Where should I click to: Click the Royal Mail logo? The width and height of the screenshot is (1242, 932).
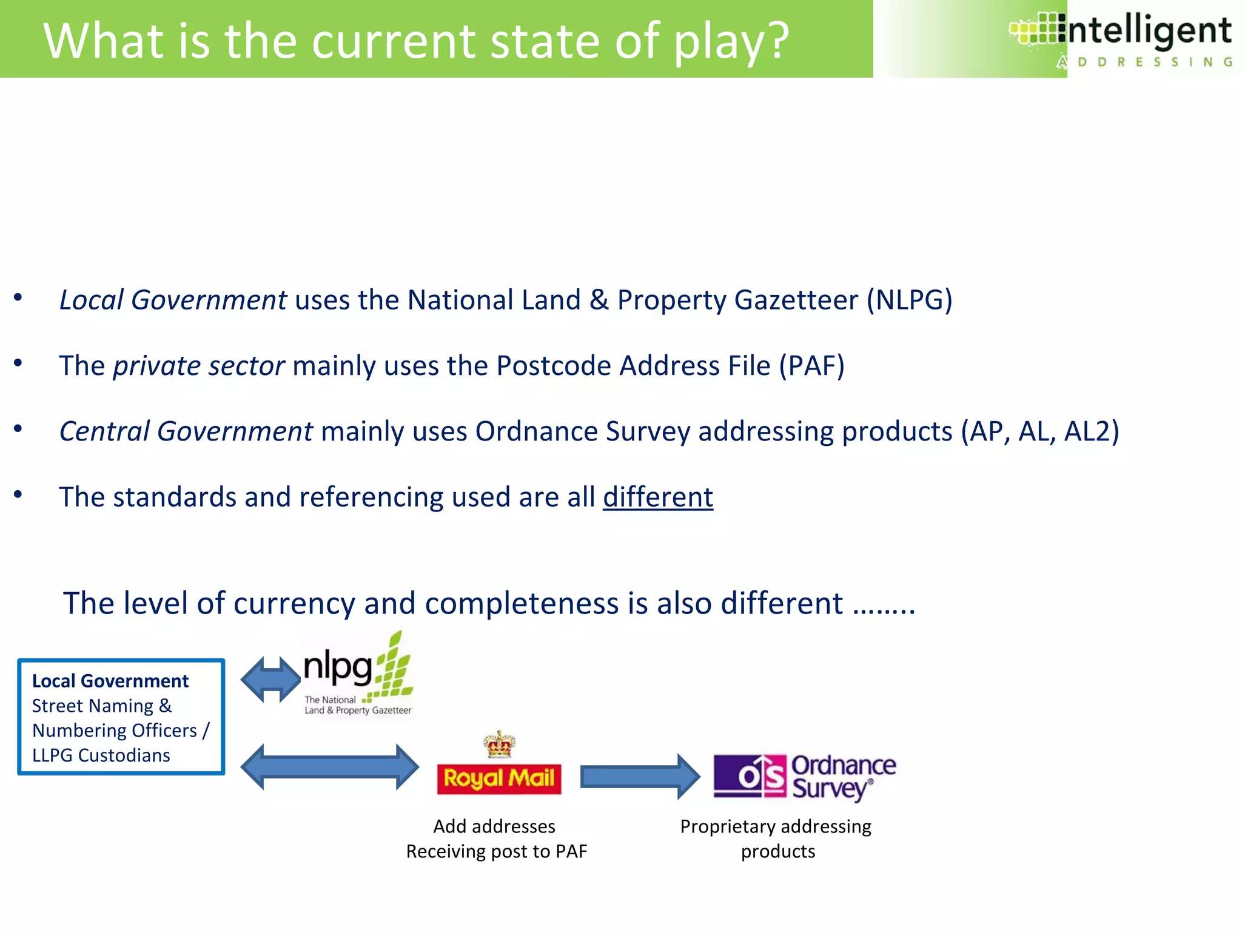[499, 778]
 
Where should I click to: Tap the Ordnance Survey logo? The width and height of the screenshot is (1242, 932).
[804, 777]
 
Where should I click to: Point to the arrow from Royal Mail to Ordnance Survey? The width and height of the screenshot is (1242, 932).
[640, 777]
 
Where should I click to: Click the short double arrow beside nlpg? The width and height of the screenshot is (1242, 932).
[270, 680]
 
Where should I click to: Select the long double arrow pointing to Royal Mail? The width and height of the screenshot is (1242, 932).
[329, 767]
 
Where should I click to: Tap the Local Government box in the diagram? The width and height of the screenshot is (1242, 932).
[121, 717]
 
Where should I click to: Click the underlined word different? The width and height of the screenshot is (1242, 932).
[658, 497]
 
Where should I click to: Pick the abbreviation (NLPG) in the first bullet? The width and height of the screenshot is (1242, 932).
[909, 300]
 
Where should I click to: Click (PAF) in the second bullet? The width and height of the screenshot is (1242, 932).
[811, 366]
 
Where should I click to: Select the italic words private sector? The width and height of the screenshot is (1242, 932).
[199, 366]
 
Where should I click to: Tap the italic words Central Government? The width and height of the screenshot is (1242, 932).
[186, 431]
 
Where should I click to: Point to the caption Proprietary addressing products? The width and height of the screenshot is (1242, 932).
[776, 839]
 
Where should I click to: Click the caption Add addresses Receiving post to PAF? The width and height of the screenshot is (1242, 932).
[496, 839]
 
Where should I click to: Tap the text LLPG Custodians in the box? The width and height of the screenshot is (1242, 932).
[101, 755]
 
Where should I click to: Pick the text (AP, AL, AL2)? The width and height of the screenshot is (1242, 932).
[1039, 431]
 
